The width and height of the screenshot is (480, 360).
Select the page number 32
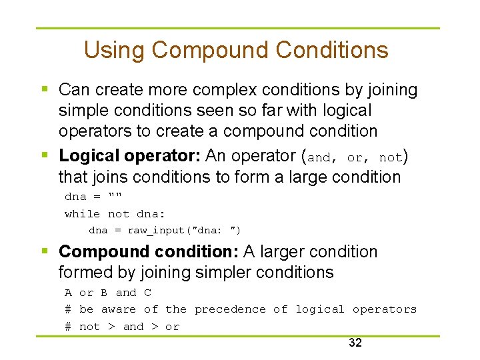pos(355,343)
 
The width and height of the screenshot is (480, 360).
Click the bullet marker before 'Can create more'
pos(44,89)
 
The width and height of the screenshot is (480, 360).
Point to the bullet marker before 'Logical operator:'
pos(44,155)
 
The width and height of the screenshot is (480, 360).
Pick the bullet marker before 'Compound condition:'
pos(44,251)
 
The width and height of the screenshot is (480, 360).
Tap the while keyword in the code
pos(82,214)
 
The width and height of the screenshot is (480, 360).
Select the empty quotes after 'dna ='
pos(115,196)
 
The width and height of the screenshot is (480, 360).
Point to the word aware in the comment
pos(118,309)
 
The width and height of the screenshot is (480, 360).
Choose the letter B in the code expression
pos(104,293)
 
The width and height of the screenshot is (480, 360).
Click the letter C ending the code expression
pos(147,293)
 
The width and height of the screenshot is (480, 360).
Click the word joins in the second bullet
pos(107,177)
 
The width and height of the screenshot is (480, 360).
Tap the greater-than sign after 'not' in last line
pos(111,327)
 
